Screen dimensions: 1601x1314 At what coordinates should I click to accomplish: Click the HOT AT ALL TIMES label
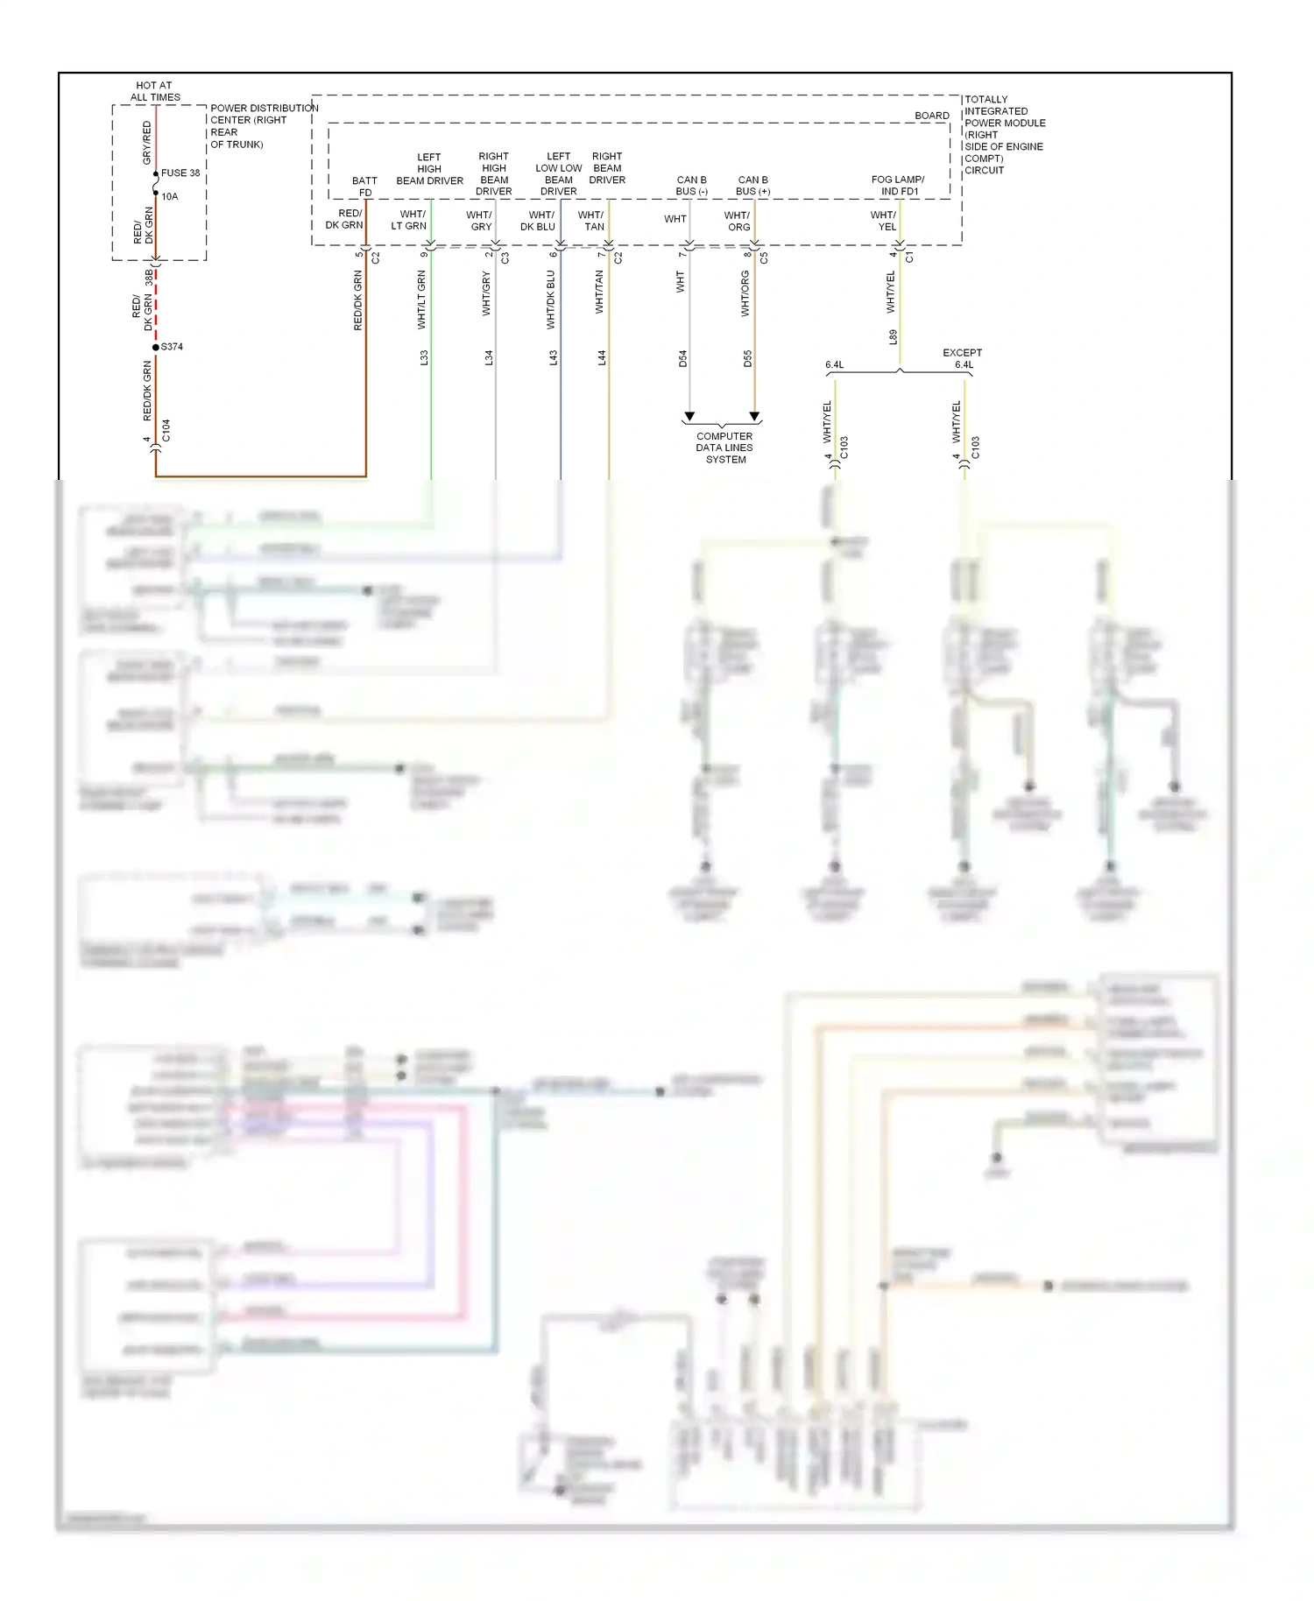155,91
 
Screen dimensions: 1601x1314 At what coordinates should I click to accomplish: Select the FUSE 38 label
180,173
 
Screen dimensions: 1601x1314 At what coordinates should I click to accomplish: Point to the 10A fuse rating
170,196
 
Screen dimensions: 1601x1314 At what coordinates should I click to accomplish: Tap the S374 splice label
172,347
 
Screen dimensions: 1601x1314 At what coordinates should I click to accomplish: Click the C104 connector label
166,430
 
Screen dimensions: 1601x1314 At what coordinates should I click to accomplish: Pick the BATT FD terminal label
364,187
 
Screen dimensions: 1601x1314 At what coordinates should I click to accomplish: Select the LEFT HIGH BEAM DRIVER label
429,169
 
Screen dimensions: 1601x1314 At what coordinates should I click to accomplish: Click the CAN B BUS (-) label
691,185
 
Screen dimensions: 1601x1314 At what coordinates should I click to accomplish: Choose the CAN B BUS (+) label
752,185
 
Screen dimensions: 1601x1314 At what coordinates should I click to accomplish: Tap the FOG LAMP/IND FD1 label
898,185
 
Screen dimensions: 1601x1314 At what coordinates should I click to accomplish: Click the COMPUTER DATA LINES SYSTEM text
724,448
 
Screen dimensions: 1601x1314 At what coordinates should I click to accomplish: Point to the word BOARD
931,116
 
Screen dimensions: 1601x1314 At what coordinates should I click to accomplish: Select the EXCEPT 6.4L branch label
962,358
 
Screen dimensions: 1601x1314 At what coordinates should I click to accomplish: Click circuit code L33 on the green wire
424,357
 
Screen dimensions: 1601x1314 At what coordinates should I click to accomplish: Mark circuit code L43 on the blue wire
554,357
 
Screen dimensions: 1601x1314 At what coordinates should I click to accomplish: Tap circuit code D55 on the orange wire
747,358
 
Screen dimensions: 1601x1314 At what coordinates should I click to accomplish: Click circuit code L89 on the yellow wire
893,336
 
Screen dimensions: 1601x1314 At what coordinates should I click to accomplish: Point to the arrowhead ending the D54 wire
689,416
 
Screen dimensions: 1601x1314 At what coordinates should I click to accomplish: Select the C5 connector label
764,258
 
